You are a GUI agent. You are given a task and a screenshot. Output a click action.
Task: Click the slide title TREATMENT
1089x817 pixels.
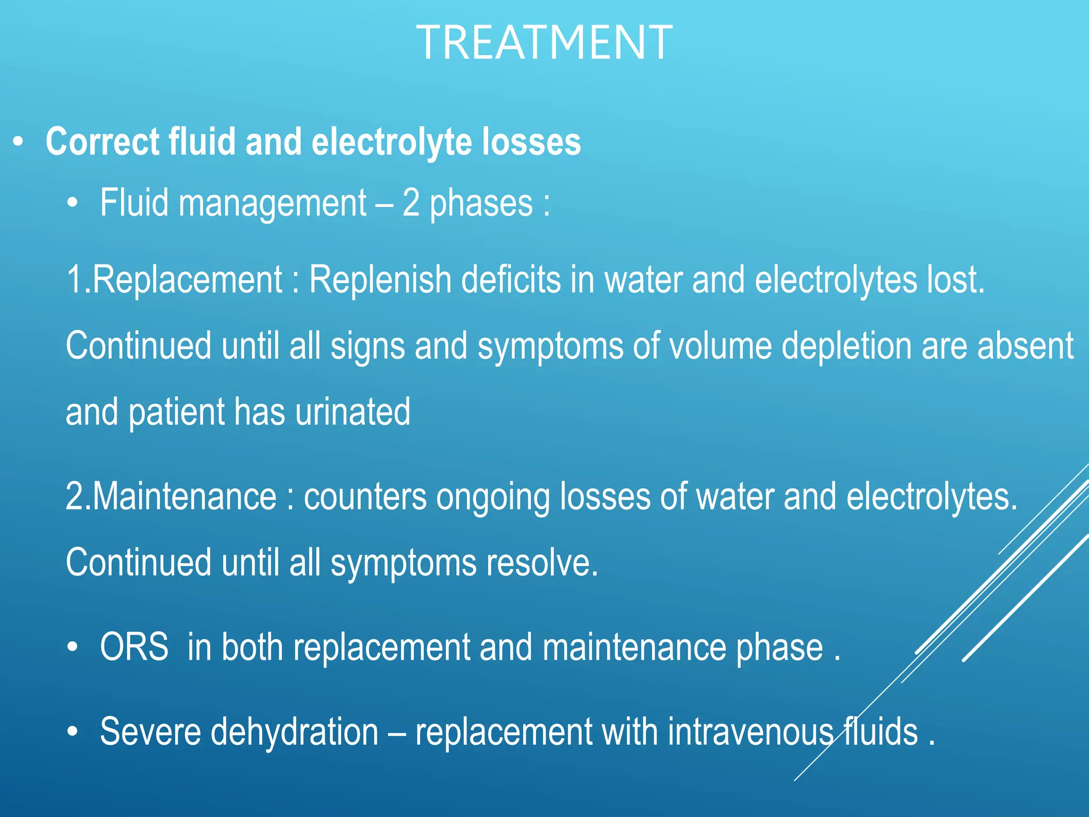(x=544, y=43)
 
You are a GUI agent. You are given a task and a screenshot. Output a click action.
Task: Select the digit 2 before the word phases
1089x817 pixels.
(x=411, y=203)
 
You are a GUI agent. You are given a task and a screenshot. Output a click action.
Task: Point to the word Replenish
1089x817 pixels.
(x=380, y=280)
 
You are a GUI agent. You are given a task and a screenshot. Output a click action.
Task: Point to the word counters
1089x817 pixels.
(x=365, y=497)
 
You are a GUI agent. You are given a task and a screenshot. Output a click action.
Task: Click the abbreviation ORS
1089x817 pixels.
(x=134, y=647)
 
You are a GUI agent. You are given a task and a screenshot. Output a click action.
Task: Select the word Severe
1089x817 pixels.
(x=150, y=732)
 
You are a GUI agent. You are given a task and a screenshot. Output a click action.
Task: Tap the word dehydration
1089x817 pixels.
(x=295, y=732)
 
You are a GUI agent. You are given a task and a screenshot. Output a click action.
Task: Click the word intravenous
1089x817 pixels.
(x=750, y=732)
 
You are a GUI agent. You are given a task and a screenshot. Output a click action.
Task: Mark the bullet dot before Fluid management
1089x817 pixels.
(x=73, y=204)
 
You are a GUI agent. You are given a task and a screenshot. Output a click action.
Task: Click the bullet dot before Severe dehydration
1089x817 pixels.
(x=73, y=732)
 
